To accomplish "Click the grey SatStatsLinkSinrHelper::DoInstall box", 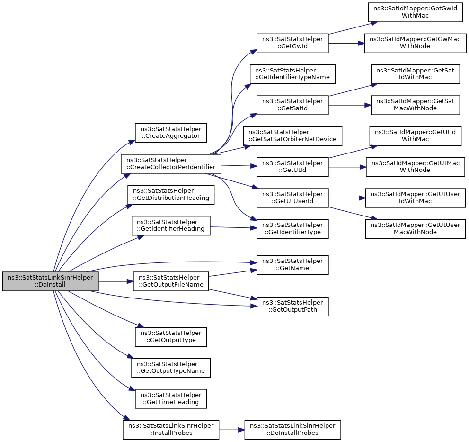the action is (x=50, y=281).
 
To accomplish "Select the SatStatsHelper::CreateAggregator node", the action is (x=171, y=133).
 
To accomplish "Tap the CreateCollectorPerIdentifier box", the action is (x=171, y=163).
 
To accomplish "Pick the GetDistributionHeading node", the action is (x=171, y=195).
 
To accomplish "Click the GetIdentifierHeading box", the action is (x=171, y=226).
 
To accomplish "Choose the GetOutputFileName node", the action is (x=171, y=281).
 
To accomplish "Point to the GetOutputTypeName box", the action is (x=171, y=368).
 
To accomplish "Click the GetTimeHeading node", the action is (x=171, y=398).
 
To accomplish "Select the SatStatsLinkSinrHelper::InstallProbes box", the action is (x=171, y=430).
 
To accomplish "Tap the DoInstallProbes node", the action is (x=292, y=430).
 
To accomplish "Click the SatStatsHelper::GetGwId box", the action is (x=292, y=43).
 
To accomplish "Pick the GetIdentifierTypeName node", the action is (x=292, y=74).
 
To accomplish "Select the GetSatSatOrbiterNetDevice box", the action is (x=292, y=136).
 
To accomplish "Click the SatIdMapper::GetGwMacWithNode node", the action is (x=415, y=43).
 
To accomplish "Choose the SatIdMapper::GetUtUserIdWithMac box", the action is (x=415, y=198).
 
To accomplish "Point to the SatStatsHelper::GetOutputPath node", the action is (x=292, y=307).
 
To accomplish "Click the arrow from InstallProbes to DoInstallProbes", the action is (x=232, y=430).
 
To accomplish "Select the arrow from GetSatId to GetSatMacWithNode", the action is (x=350, y=105).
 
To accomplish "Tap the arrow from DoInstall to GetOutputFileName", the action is (x=116, y=281).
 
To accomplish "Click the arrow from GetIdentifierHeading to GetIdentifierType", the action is (x=233, y=227).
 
